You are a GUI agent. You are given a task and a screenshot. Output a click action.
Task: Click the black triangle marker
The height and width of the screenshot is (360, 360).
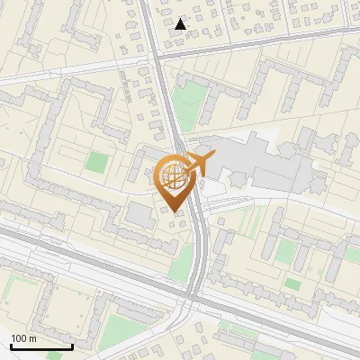[181, 24]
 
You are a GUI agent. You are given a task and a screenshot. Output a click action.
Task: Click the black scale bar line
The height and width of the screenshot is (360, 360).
[40, 346]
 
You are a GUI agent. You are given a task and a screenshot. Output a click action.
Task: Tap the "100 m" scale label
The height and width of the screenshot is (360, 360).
[23, 338]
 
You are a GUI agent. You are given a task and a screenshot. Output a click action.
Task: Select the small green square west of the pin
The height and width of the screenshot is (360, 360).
[95, 163]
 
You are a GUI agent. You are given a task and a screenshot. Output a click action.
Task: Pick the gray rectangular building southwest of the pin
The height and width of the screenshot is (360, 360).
[139, 215]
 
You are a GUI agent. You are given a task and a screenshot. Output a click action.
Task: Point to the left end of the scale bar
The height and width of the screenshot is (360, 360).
[11, 346]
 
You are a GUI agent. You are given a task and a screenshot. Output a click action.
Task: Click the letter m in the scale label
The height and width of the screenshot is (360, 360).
[32, 339]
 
